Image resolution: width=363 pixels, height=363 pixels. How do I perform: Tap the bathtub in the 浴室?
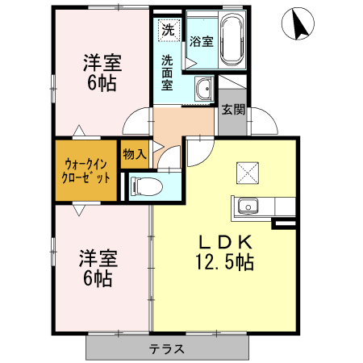230,41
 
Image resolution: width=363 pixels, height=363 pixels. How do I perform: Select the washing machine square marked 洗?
168,30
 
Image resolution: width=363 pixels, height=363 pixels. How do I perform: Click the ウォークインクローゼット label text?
86,172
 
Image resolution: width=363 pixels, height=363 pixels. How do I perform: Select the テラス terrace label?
167,349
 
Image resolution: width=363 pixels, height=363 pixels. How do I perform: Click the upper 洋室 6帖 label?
103,71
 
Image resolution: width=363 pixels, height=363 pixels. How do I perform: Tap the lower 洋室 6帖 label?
98,269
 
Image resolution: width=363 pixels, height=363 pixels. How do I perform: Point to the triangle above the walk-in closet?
78,131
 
